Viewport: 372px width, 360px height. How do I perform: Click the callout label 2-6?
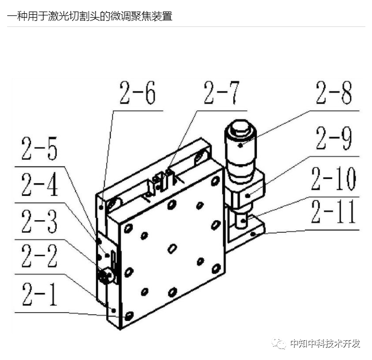137,94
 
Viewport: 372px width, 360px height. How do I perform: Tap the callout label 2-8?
333,94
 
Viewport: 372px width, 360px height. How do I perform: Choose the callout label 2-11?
333,213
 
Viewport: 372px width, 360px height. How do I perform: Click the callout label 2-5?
39,149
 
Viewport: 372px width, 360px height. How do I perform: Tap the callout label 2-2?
39,257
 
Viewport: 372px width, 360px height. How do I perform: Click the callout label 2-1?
39,295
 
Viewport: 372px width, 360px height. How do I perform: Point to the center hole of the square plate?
172,248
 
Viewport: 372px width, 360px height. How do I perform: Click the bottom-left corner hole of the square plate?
130,315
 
